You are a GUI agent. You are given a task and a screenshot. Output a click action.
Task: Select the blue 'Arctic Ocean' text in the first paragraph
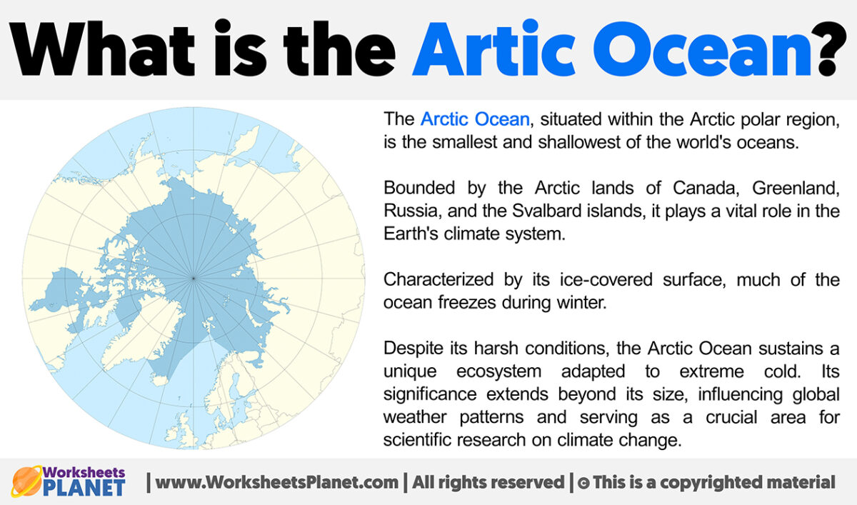(x=475, y=119)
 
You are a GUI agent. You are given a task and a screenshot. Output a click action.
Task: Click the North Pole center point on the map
(x=194, y=277)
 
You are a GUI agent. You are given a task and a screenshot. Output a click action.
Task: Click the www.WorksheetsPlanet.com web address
(x=277, y=482)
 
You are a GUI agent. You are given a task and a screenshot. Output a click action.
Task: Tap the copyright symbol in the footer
(x=583, y=483)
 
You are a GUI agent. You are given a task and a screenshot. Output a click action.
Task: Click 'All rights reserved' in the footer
(x=486, y=482)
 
